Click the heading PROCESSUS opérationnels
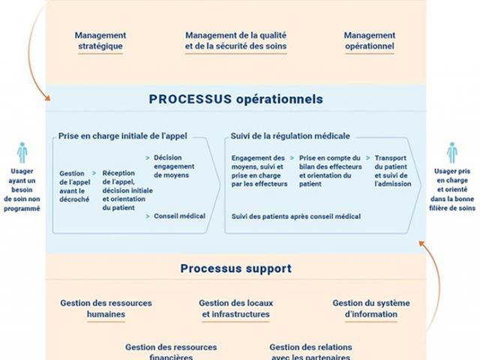(x=235, y=98)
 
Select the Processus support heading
(x=235, y=268)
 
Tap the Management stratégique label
(x=100, y=40)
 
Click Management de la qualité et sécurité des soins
(x=235, y=40)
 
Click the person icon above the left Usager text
(x=22, y=152)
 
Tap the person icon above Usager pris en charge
(x=452, y=152)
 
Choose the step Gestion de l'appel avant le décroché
(x=71, y=182)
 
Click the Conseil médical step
(x=179, y=216)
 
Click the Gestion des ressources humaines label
(x=106, y=308)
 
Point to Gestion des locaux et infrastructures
(x=235, y=308)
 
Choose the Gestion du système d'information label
(x=371, y=308)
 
